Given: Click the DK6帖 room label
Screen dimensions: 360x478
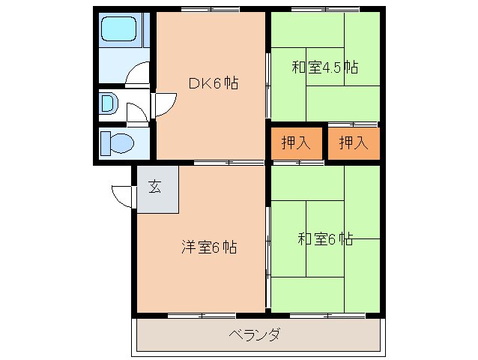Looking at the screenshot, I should coord(214,84).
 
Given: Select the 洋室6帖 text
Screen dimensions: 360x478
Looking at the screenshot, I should coord(209,247).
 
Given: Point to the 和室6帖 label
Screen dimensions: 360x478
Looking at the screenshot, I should coord(325,240).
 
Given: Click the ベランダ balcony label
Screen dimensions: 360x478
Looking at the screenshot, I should coord(255,334).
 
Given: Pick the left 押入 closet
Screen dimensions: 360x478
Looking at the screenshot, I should coord(296,143).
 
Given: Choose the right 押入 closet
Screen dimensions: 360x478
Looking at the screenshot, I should coord(354,143).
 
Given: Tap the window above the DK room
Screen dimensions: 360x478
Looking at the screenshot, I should coord(210,10).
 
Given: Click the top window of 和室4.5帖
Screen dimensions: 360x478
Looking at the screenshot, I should coord(324,10).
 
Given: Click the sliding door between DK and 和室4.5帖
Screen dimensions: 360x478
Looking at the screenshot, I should coord(267,85).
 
